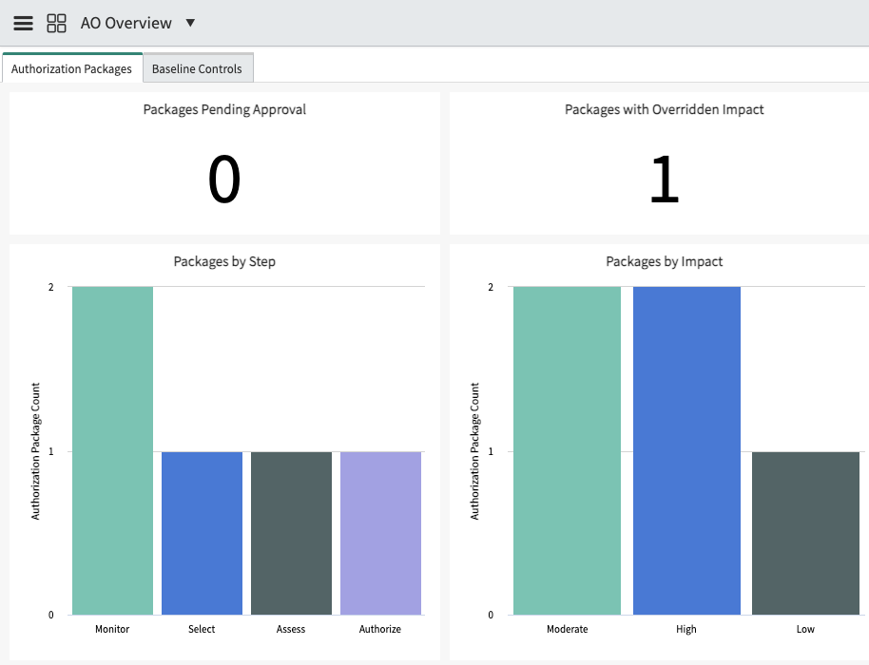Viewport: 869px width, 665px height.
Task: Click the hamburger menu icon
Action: click(x=23, y=23)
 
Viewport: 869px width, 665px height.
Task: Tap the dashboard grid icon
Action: click(x=56, y=23)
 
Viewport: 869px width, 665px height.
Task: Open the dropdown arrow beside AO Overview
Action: click(x=190, y=23)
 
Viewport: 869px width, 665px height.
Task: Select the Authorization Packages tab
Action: click(x=72, y=68)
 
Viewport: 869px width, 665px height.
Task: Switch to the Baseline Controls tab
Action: click(x=198, y=68)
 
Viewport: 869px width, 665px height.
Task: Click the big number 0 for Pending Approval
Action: click(x=224, y=179)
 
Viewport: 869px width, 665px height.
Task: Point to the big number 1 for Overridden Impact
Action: click(x=664, y=179)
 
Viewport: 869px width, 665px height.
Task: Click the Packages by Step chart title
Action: click(x=224, y=261)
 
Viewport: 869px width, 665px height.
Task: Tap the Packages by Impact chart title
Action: click(x=664, y=261)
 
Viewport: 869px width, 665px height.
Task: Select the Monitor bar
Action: click(x=112, y=450)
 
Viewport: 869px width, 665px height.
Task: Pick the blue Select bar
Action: click(x=202, y=533)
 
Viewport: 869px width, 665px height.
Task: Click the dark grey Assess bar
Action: click(x=291, y=533)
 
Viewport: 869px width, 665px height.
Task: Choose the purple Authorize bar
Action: click(x=380, y=533)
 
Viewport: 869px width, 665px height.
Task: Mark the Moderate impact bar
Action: click(x=567, y=450)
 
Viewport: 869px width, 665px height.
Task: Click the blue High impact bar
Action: click(x=686, y=450)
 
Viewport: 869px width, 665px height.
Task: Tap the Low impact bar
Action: click(x=806, y=533)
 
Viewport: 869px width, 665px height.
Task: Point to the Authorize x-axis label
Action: click(x=380, y=629)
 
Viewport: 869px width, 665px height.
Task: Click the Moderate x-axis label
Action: click(x=567, y=629)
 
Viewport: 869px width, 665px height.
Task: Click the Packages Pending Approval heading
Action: click(x=224, y=109)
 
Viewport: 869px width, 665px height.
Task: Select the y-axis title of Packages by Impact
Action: click(x=475, y=450)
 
